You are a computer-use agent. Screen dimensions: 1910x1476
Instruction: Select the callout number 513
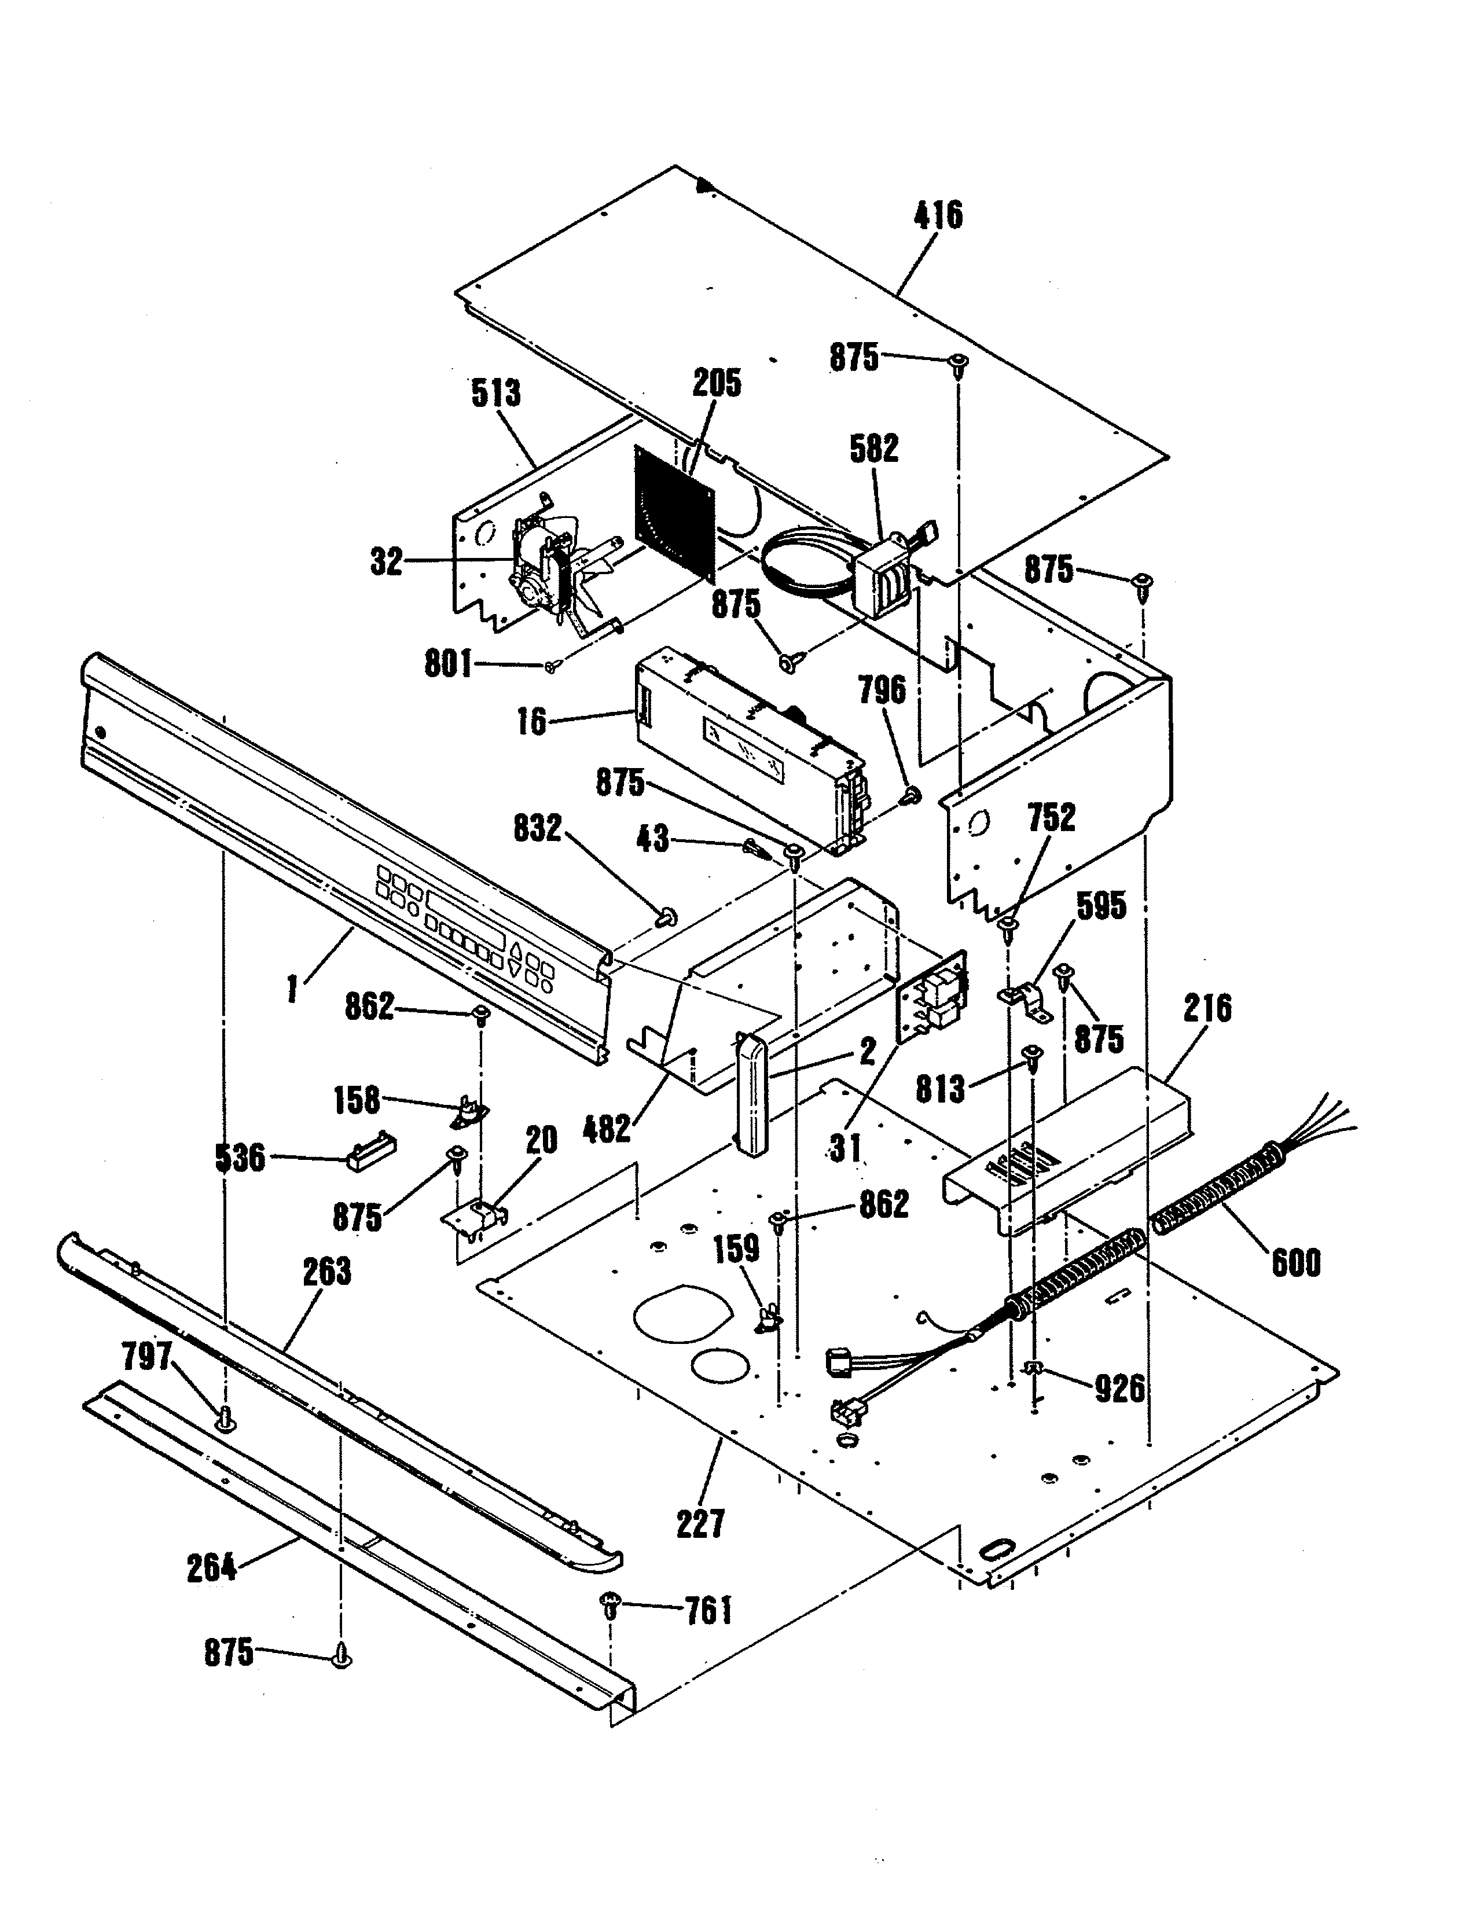[496, 394]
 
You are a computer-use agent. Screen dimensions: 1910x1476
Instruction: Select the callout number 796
[882, 691]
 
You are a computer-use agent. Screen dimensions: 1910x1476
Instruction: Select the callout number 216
[1207, 1008]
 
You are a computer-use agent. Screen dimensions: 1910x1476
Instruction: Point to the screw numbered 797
[226, 1417]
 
